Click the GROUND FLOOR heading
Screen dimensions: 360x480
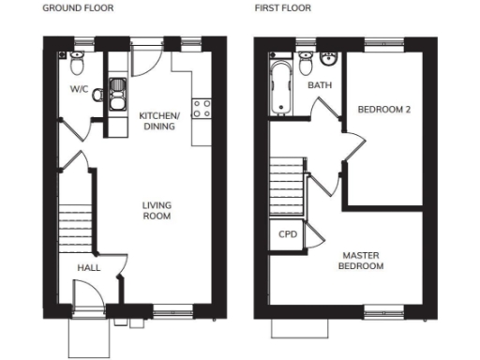(x=77, y=9)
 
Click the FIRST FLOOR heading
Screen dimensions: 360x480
(x=283, y=9)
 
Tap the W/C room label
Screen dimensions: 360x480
(x=78, y=90)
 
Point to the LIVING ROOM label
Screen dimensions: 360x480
(x=156, y=210)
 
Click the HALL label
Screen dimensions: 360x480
(x=88, y=268)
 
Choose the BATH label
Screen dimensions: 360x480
(x=319, y=85)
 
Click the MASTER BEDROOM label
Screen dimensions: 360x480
(x=362, y=260)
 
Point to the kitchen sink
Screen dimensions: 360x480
(x=119, y=91)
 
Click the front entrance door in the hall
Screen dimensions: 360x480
(x=91, y=301)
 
